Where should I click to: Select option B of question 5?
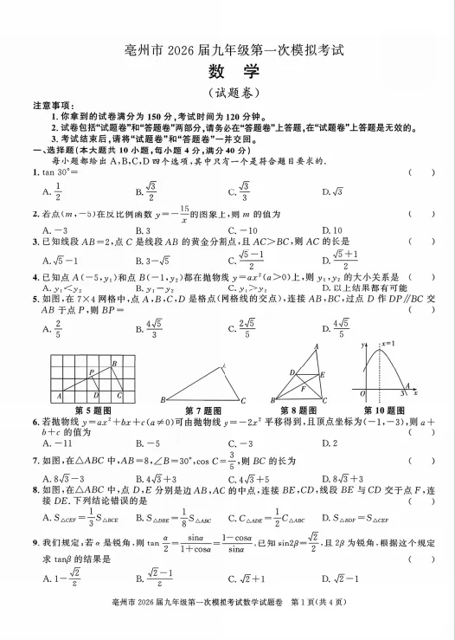tap(147, 328)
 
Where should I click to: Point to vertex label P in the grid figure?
tap(91, 371)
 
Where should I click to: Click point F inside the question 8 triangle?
tap(302, 389)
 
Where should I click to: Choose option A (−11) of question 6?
tap(54, 443)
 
